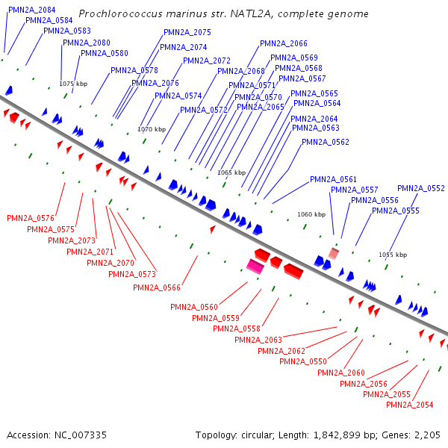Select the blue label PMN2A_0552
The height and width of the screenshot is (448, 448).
click(x=421, y=189)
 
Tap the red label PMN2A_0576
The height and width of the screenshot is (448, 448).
click(x=31, y=218)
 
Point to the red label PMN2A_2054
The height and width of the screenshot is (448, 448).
click(x=410, y=405)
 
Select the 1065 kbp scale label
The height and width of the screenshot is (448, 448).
click(x=231, y=172)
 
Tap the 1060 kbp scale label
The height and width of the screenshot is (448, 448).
click(x=311, y=214)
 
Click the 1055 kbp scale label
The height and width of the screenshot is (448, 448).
click(x=393, y=255)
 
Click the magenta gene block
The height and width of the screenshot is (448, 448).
click(x=256, y=265)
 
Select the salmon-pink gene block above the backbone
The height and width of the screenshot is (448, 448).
click(x=334, y=254)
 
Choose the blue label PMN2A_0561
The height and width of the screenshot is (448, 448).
click(x=333, y=179)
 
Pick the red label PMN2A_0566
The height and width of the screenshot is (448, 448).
click(x=157, y=287)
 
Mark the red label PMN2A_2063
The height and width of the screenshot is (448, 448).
click(x=258, y=340)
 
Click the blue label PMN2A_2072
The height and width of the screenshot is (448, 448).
click(x=207, y=60)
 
